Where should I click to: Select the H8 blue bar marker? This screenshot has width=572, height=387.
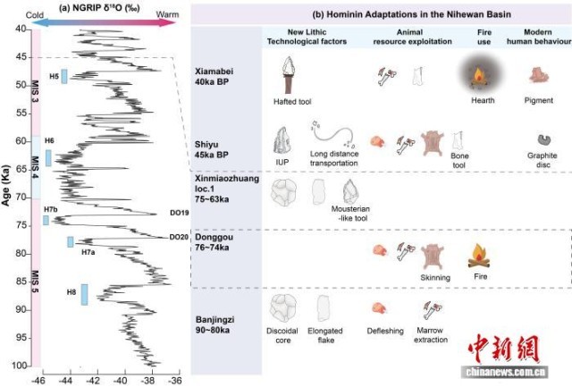pyautogui.click(x=84, y=294)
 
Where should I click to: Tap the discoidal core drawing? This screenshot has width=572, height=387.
pyautogui.click(x=284, y=308)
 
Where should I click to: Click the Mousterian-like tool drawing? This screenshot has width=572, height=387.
pyautogui.click(x=356, y=192)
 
